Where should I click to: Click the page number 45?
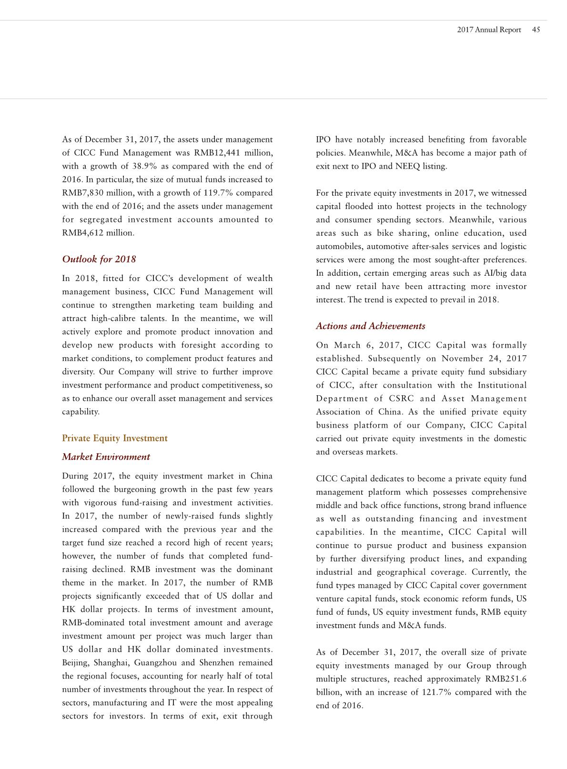click(536, 30)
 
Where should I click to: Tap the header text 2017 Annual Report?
click(489, 30)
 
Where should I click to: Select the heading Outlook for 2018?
click(99, 259)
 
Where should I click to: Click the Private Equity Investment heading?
click(115, 438)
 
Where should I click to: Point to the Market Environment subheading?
click(106, 457)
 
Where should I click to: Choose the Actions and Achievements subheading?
click(370, 326)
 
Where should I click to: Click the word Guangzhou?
click(155, 663)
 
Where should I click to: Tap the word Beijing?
click(76, 663)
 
